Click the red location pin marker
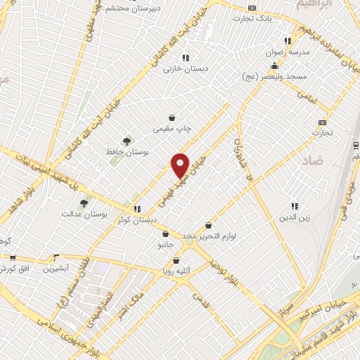pos(181,165)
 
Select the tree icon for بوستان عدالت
pos(84,203)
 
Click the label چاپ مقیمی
pos(173,129)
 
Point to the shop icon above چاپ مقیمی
pos(172,118)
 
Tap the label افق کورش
pos(15,269)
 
